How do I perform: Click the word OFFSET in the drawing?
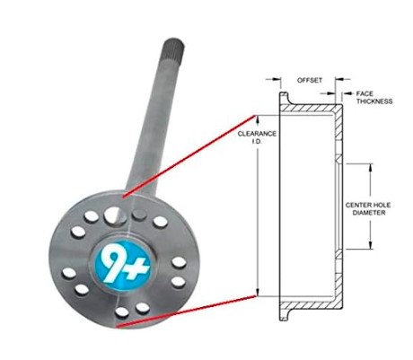[310, 80]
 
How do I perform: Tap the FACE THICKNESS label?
[373, 98]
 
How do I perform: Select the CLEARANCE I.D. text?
[257, 137]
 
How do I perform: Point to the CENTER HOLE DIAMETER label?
[368, 209]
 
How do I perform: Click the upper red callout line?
[189, 156]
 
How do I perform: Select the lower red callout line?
[186, 312]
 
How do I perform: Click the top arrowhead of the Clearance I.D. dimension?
[257, 119]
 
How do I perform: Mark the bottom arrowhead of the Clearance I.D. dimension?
[257, 292]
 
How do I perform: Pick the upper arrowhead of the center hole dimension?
[371, 168]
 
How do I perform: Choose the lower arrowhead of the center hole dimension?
[371, 244]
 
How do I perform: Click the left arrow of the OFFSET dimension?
[273, 79]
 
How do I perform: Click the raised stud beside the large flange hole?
[139, 215]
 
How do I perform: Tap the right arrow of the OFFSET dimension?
[343, 79]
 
